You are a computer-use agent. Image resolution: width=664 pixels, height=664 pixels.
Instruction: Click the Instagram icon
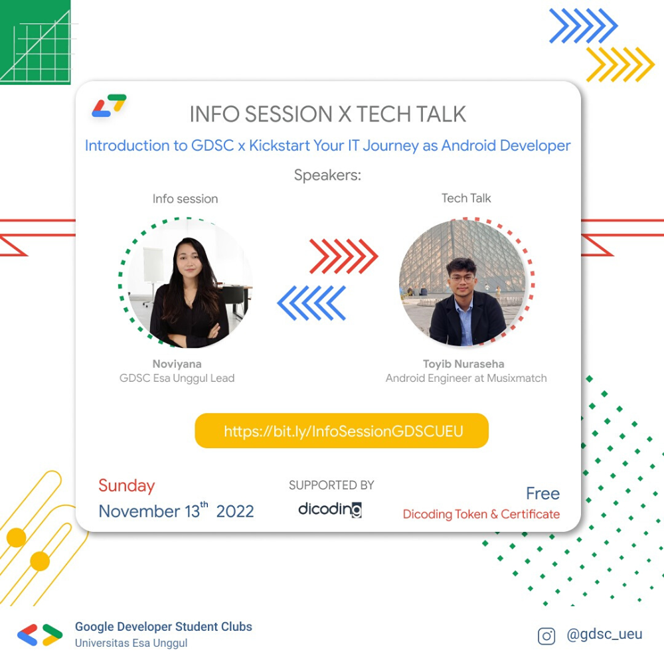pyautogui.click(x=546, y=636)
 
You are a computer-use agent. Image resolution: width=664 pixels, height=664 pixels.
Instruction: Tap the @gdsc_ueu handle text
pyautogui.click(x=604, y=635)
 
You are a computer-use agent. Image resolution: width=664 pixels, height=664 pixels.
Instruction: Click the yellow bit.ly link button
pyautogui.click(x=342, y=431)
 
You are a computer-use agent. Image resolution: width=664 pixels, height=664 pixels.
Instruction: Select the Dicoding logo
pyautogui.click(x=330, y=509)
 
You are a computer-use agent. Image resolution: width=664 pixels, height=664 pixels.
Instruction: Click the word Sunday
pyautogui.click(x=126, y=485)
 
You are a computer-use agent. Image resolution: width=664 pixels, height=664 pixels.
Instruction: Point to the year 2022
pyautogui.click(x=235, y=511)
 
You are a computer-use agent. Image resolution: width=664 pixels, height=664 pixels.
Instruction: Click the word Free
pyautogui.click(x=542, y=493)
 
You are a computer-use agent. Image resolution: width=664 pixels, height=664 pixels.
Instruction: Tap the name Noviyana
pyautogui.click(x=177, y=364)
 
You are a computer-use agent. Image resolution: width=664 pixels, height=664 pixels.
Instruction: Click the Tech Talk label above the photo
pyautogui.click(x=466, y=198)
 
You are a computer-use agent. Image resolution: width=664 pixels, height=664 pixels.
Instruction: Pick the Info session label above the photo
pyautogui.click(x=185, y=199)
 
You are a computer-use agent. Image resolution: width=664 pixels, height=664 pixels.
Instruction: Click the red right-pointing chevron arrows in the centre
pyautogui.click(x=343, y=256)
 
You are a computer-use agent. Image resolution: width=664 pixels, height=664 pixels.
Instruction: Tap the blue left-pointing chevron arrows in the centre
pyautogui.click(x=311, y=303)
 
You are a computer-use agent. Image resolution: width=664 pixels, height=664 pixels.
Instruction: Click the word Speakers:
pyautogui.click(x=327, y=176)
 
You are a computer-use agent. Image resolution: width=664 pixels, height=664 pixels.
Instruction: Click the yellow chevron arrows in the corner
pyautogui.click(x=620, y=64)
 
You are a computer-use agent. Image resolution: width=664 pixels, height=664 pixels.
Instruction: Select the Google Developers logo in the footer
pyautogui.click(x=40, y=635)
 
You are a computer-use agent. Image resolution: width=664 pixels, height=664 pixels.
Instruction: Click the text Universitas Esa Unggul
pyautogui.click(x=131, y=643)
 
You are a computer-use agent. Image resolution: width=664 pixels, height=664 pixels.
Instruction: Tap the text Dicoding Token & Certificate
pyautogui.click(x=481, y=514)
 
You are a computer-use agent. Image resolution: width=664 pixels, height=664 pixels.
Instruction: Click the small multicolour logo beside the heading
pyautogui.click(x=109, y=106)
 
